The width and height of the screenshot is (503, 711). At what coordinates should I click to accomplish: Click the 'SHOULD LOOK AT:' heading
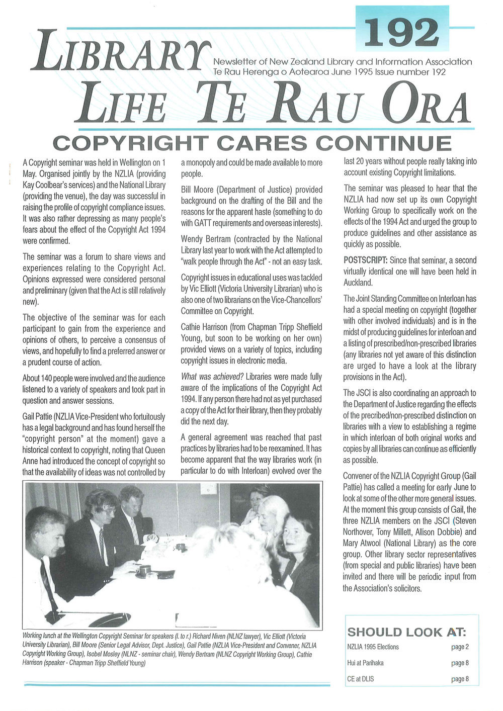[406, 632]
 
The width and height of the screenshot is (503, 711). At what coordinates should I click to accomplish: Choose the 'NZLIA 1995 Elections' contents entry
[373, 647]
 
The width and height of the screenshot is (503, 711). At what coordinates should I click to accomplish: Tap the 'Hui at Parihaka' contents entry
[365, 663]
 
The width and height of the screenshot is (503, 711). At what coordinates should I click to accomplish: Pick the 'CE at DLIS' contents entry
[360, 679]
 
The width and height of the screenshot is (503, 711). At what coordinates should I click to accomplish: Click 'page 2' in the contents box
[460, 647]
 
